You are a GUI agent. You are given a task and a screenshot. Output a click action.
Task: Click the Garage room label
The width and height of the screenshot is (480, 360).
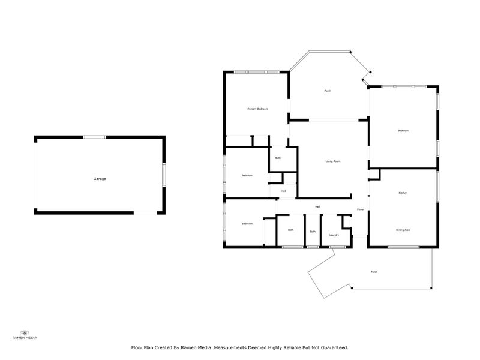(x=100, y=179)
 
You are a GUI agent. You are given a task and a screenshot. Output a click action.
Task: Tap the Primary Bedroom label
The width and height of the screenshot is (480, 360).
(x=257, y=109)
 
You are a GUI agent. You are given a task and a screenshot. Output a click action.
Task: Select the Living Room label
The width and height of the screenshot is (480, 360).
(x=333, y=161)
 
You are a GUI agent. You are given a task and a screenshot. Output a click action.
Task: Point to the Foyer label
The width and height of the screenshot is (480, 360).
(x=360, y=209)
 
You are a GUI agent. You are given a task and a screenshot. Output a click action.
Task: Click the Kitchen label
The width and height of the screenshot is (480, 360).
(x=403, y=193)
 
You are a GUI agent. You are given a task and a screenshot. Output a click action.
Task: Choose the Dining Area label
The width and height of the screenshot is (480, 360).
(x=403, y=230)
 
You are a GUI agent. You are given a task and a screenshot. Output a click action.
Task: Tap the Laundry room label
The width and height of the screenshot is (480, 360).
(x=334, y=235)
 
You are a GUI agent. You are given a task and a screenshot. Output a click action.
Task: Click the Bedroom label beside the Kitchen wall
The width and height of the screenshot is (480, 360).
(x=403, y=131)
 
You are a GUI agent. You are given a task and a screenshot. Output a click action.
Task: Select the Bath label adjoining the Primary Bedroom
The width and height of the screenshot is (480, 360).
(x=278, y=158)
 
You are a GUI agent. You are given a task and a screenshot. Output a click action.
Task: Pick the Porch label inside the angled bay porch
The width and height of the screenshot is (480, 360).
(x=328, y=91)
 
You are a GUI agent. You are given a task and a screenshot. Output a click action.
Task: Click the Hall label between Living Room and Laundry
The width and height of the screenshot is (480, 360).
(x=317, y=206)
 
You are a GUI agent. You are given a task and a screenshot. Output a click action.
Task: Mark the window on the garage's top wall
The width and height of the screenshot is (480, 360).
(x=94, y=137)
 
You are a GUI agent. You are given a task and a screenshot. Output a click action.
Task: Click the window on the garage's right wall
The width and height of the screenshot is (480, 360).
(x=164, y=175)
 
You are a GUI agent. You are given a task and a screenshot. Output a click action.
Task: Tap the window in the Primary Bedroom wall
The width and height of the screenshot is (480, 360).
(x=256, y=73)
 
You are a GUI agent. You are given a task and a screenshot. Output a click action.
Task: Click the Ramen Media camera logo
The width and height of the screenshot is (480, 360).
(x=25, y=332)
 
